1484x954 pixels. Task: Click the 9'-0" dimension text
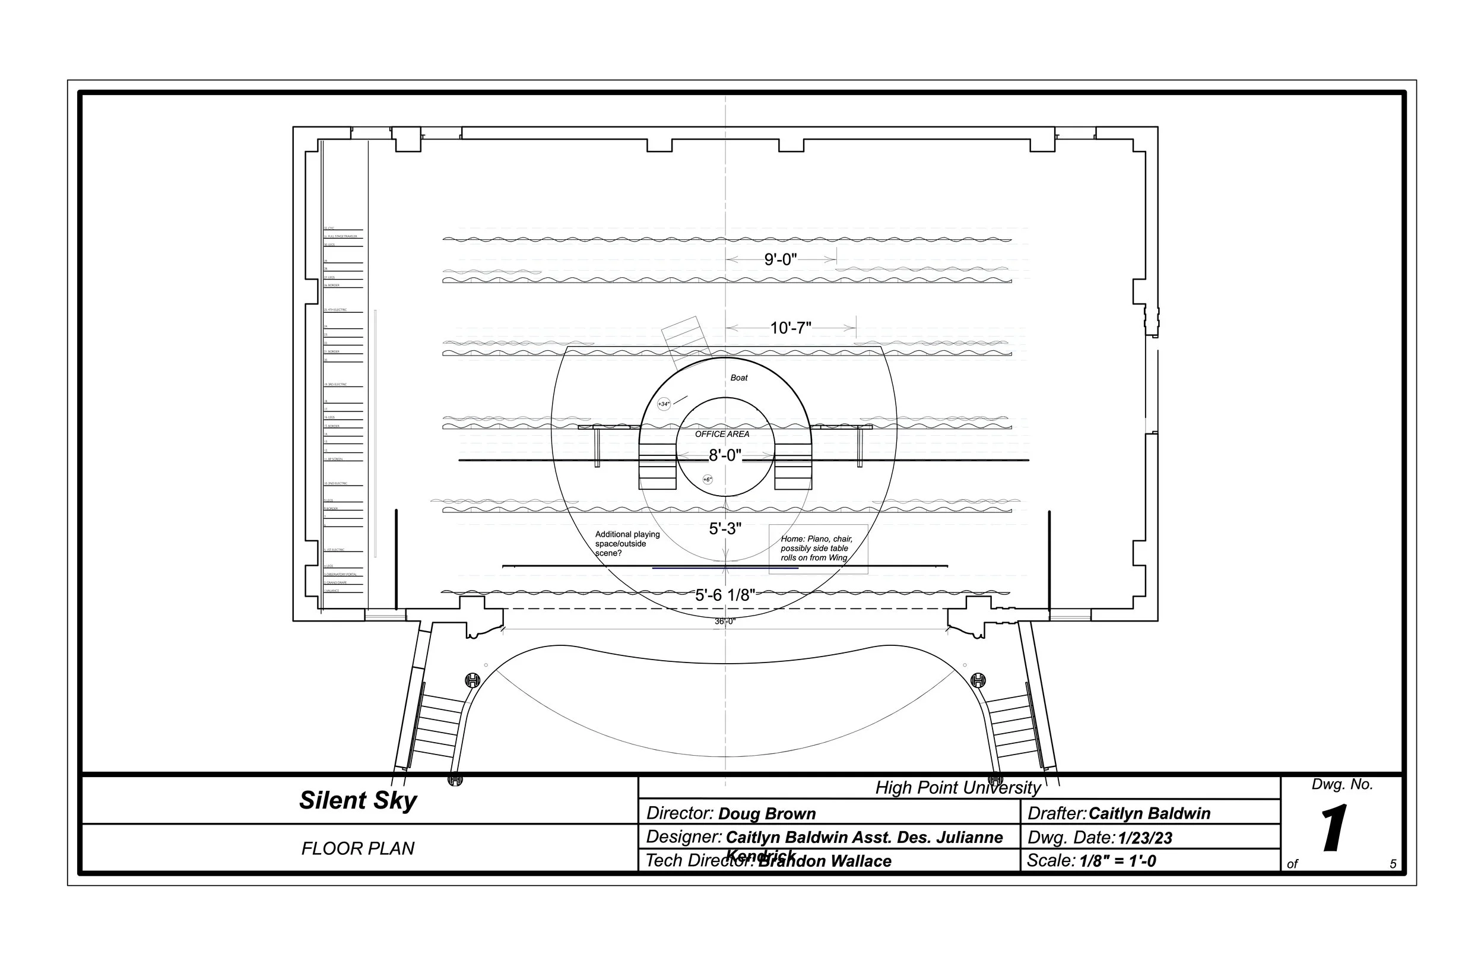780,259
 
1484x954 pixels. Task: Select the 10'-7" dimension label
789,328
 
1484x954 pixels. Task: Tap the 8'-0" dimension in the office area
724,455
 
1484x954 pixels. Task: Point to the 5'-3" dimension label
725,528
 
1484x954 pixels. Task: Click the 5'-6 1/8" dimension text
724,595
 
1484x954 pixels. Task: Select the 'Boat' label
739,378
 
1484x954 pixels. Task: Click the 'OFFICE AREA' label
722,434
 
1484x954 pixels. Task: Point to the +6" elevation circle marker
708,480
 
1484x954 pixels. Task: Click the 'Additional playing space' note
627,543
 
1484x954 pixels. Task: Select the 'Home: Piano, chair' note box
817,549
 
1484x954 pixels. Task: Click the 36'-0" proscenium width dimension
724,622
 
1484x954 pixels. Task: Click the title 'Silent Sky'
358,800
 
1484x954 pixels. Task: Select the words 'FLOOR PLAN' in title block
358,848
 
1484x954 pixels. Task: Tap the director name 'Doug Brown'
767,813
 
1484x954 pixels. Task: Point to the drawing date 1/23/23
1144,838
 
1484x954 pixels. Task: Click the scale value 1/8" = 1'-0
1117,861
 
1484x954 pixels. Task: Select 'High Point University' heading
957,787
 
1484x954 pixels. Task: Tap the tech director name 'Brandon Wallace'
825,861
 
